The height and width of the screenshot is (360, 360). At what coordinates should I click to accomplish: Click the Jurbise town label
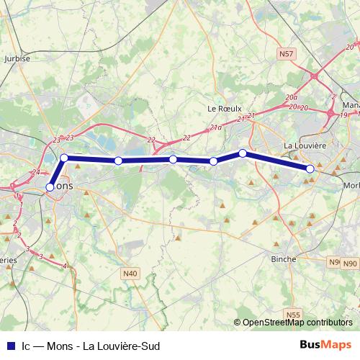tap(17, 59)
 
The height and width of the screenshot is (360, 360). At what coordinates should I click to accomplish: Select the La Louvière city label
tap(305, 145)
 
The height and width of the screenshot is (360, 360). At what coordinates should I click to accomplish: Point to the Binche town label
tap(283, 258)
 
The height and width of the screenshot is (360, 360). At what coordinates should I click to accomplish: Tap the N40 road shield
tap(130, 273)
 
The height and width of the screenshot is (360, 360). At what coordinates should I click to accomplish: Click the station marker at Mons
tap(50, 187)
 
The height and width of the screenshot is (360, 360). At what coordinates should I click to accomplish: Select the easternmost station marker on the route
tap(310, 169)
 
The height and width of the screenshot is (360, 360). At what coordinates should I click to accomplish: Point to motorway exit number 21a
tap(216, 127)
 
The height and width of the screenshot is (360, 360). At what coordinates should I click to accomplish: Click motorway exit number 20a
tap(291, 96)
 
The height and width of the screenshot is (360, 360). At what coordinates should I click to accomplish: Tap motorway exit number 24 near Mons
tap(35, 172)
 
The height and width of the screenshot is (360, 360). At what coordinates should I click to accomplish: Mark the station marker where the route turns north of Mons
tap(64, 158)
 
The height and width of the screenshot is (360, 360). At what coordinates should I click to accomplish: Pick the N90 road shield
tap(333, 262)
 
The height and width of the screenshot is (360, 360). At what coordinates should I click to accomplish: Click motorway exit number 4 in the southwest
tap(65, 266)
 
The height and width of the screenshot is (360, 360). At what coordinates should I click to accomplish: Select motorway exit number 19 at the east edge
tap(344, 114)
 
